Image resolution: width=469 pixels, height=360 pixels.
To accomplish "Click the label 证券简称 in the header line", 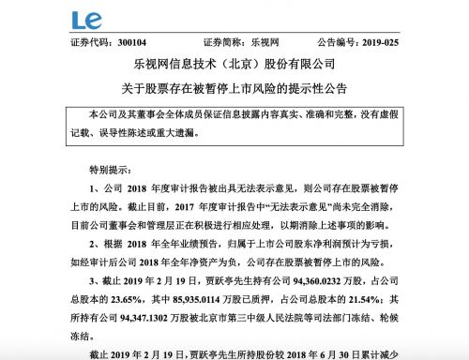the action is coord(221,43).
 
